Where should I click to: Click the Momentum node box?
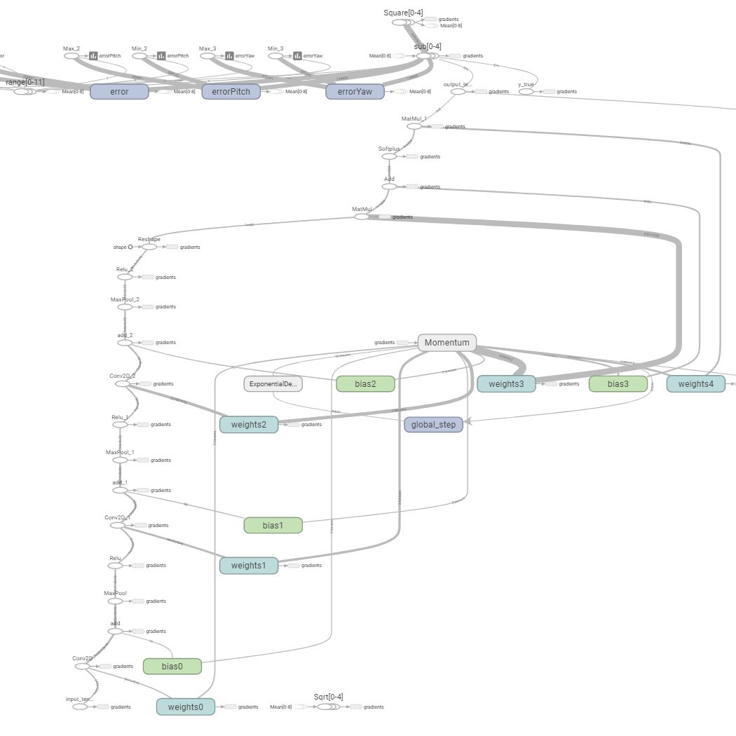(x=447, y=343)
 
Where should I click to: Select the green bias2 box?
(x=365, y=383)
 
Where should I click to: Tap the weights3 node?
(x=506, y=383)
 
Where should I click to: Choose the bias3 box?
(x=618, y=383)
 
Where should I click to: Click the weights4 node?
(x=695, y=383)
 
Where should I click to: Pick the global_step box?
(x=433, y=425)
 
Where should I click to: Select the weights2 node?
(x=248, y=425)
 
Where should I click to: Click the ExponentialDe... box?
(x=273, y=383)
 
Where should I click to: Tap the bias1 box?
(x=273, y=525)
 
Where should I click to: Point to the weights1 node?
(x=248, y=566)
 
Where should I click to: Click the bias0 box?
(x=172, y=666)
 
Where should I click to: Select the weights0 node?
(x=186, y=707)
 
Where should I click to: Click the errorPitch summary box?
(x=231, y=91)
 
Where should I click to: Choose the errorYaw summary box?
(x=355, y=91)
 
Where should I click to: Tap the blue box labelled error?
(x=119, y=91)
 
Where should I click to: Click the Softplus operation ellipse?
(x=389, y=157)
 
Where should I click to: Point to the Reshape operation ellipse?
(x=149, y=247)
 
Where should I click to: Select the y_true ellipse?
(x=526, y=92)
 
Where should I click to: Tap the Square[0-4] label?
(x=403, y=13)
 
